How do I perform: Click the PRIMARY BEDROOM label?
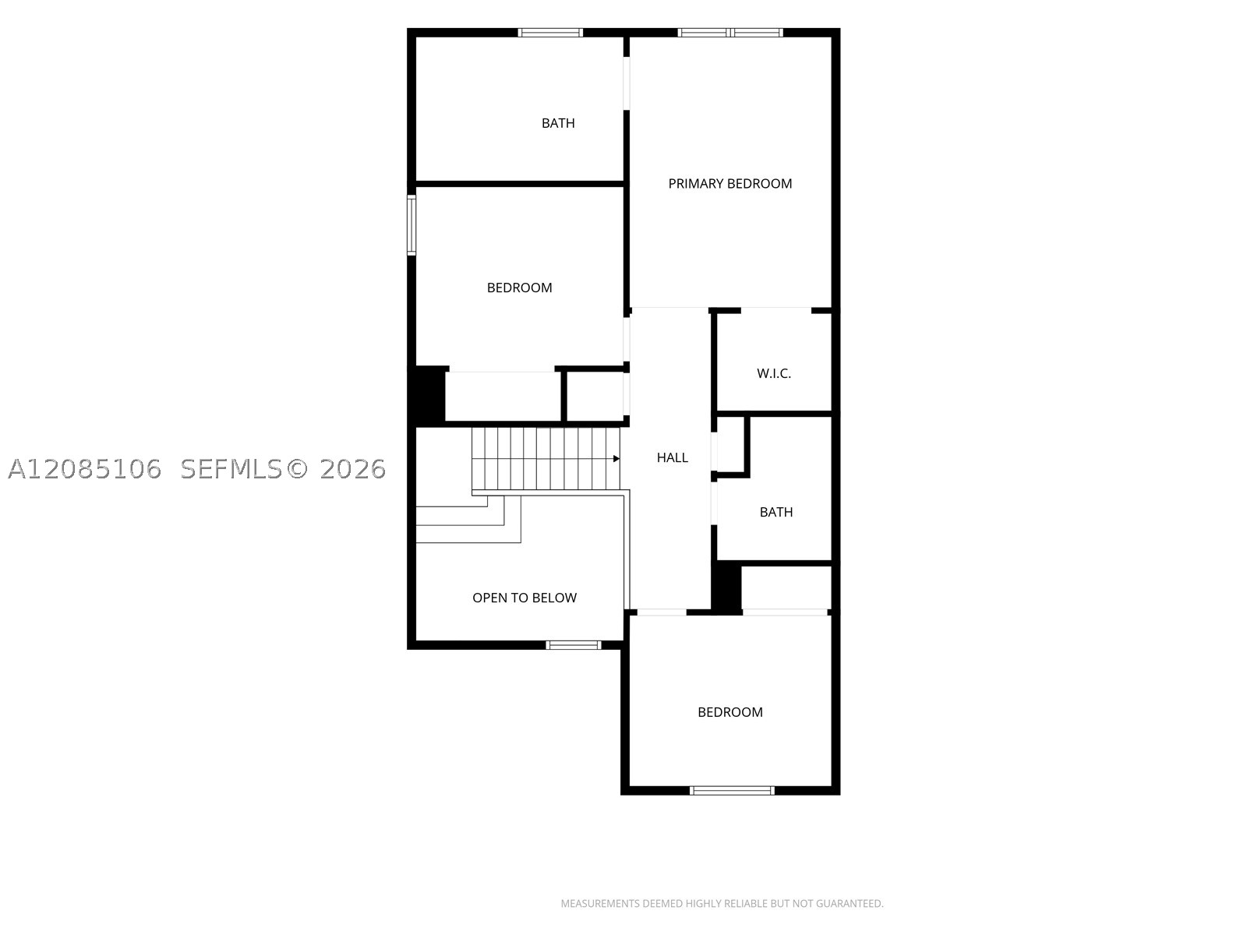coord(729,183)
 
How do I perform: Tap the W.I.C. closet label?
coord(774,373)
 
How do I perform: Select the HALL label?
coord(672,457)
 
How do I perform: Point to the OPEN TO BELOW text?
coord(525,598)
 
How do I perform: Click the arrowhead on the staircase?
coord(616,459)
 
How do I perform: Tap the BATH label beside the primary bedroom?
coord(558,123)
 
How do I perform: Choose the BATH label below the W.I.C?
coord(776,512)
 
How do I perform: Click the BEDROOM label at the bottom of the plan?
coord(730,712)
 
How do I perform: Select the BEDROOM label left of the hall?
coord(519,288)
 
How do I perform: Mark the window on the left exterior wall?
coord(412,225)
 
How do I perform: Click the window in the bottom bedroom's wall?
coord(732,790)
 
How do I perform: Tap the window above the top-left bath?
coord(550,33)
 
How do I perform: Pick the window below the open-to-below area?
coord(573,645)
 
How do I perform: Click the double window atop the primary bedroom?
coord(730,33)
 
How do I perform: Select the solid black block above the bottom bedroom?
coord(726,587)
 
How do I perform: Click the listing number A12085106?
coord(85,470)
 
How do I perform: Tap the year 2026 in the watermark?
coord(353,470)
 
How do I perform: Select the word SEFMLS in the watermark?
coord(231,470)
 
